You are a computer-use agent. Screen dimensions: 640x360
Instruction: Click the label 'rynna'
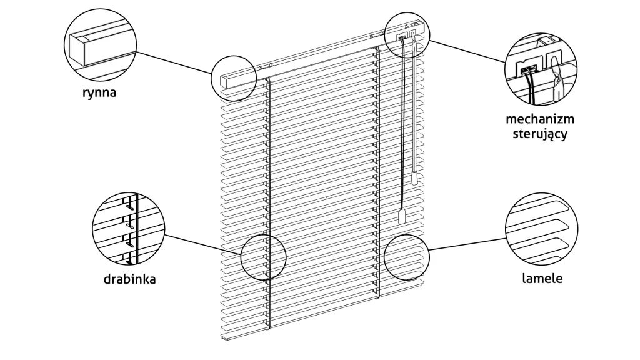pyautogui.click(x=99, y=92)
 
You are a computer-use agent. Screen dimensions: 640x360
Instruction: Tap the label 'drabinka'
pyautogui.click(x=129, y=279)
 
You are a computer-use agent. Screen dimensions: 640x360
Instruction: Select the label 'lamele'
pyautogui.click(x=542, y=278)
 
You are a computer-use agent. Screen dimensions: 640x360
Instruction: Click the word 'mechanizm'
pyautogui.click(x=540, y=119)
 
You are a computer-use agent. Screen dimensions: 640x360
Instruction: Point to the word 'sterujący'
pyautogui.click(x=540, y=134)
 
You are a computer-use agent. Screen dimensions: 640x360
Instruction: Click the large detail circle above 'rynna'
pyautogui.click(x=101, y=45)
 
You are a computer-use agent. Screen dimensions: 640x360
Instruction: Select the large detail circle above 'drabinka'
pyautogui.click(x=129, y=229)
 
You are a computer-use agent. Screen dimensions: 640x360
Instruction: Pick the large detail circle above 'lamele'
pyautogui.click(x=542, y=229)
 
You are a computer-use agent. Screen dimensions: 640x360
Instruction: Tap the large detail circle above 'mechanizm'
pyautogui.click(x=541, y=69)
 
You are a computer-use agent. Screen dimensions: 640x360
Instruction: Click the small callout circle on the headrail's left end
pyautogui.click(x=234, y=79)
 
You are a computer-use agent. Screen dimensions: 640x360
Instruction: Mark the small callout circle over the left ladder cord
pyautogui.click(x=263, y=257)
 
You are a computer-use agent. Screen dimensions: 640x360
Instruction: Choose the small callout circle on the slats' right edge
pyautogui.click(x=406, y=257)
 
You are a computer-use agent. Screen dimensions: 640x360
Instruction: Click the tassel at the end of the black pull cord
pyautogui.click(x=401, y=217)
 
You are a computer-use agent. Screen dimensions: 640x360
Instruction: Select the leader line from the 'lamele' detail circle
pyautogui.click(x=467, y=244)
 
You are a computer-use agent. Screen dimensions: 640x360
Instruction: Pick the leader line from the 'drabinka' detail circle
pyautogui.click(x=203, y=244)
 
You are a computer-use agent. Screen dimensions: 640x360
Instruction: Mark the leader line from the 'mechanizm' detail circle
pyautogui.click(x=467, y=51)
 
